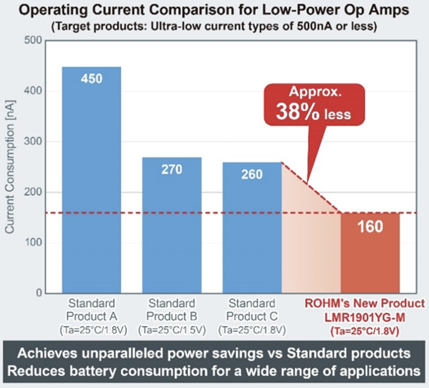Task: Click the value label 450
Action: (x=91, y=79)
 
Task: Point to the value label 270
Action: (x=172, y=169)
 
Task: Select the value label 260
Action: (x=252, y=174)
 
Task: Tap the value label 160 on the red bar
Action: (x=370, y=227)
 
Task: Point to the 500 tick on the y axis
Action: (x=33, y=41)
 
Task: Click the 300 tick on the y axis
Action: (x=33, y=142)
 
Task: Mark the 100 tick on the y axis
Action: (x=33, y=243)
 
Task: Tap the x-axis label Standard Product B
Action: (x=172, y=310)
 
